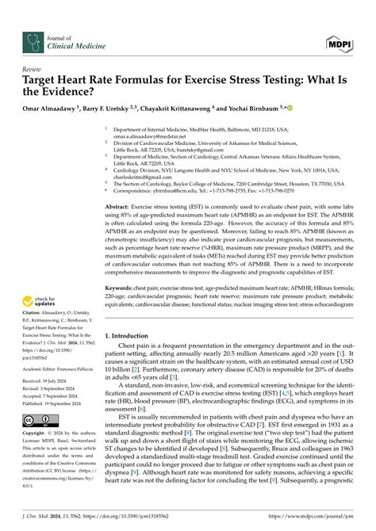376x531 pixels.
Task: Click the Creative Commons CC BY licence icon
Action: (38, 419)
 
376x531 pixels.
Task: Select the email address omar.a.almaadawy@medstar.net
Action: (158, 135)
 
